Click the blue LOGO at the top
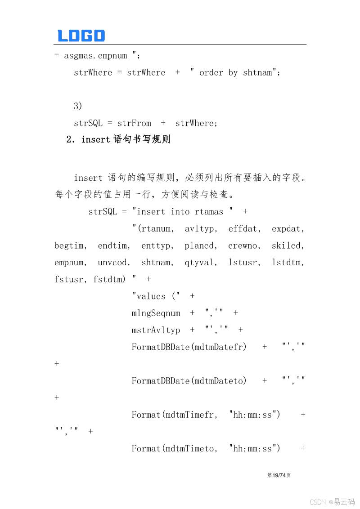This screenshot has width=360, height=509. [81, 36]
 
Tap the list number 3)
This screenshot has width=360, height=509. [78, 106]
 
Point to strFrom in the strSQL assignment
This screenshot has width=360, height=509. [134, 123]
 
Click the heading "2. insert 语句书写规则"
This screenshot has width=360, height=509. [118, 139]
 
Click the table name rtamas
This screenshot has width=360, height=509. [209, 211]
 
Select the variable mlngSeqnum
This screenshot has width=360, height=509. [156, 313]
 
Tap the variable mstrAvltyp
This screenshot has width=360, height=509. [156, 330]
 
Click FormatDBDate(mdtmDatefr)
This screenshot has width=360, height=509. [189, 347]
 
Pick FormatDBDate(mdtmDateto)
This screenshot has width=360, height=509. [189, 381]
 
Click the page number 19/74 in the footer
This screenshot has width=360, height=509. [279, 475]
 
